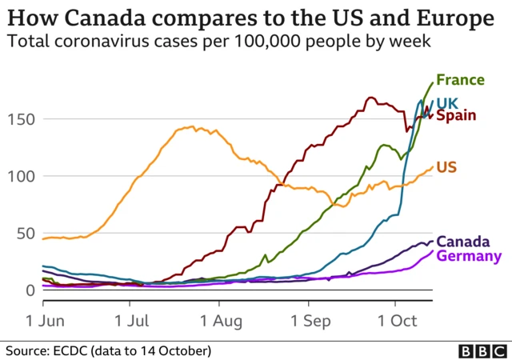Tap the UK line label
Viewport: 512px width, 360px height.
447,102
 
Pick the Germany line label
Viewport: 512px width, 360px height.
469,256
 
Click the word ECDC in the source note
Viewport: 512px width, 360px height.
79,350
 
